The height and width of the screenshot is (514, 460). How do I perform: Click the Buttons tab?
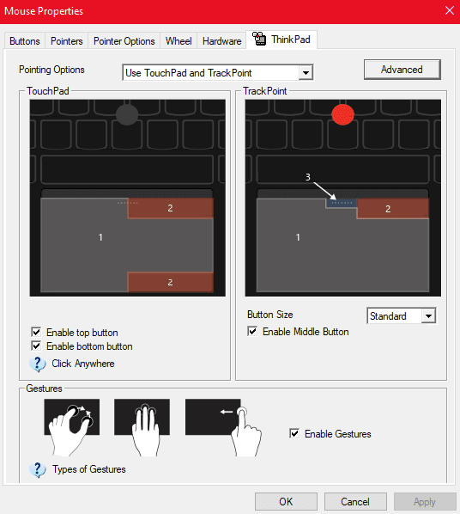(x=25, y=41)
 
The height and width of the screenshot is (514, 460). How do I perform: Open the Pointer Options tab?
(x=124, y=41)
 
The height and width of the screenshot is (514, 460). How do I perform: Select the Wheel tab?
(x=179, y=41)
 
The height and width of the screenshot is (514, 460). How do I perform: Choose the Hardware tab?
(x=221, y=41)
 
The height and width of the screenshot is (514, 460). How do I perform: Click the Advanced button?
(x=402, y=70)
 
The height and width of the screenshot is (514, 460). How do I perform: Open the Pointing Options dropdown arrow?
(x=306, y=73)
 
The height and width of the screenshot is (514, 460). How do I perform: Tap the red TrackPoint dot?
(x=342, y=114)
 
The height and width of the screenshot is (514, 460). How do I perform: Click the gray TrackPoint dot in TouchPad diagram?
(x=127, y=114)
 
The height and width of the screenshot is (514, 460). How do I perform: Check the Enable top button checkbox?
(x=36, y=332)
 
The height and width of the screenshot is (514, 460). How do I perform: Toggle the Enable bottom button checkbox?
(x=36, y=346)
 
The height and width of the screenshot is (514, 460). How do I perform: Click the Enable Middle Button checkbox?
(x=252, y=331)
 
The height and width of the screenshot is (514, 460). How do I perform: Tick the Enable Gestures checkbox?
(x=294, y=433)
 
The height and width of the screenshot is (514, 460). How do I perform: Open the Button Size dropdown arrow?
(x=428, y=316)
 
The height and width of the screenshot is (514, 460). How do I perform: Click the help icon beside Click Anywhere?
(x=38, y=364)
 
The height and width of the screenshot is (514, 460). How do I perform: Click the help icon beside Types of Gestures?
(x=38, y=470)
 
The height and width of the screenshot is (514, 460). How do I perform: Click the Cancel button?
(x=355, y=502)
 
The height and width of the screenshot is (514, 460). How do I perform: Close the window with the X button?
(x=450, y=10)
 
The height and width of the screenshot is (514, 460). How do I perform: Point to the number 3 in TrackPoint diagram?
(x=308, y=177)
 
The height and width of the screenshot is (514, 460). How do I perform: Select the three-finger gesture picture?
(x=142, y=427)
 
